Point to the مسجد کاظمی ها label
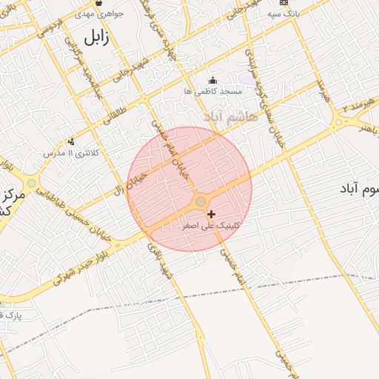click(213, 90)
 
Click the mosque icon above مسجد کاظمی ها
click(213, 80)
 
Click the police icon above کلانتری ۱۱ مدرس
click(71, 141)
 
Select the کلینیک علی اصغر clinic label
click(209, 225)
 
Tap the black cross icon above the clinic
click(212, 214)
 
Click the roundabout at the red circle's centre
click(200, 202)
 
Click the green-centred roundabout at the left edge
click(30, 183)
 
